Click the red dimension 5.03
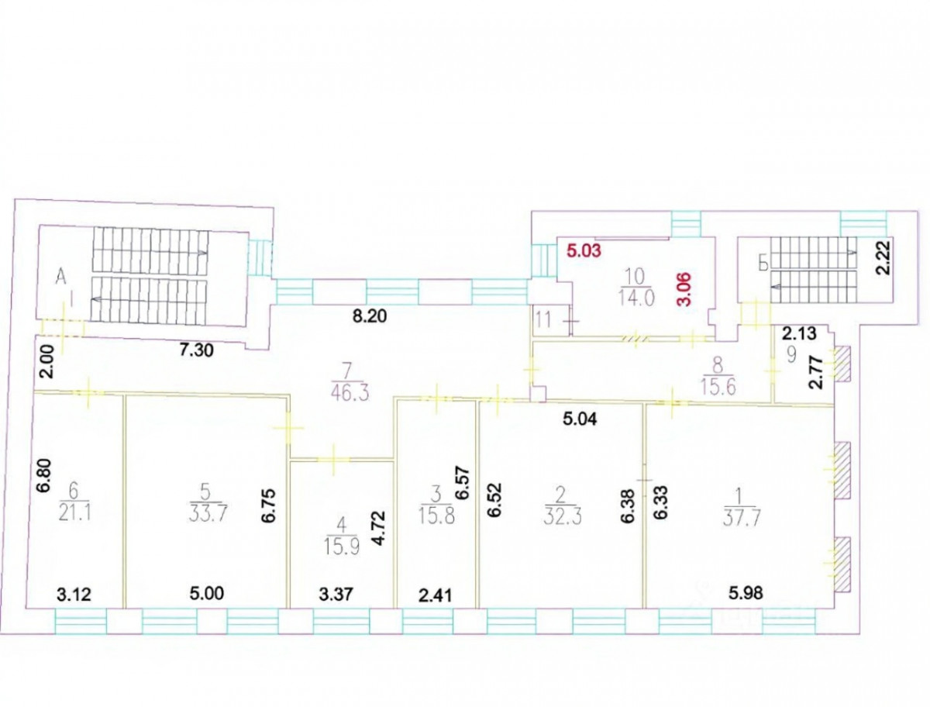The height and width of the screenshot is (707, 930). pos(584,250)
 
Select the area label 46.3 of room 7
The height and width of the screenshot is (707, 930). pos(351,393)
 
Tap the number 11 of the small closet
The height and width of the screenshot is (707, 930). pos(543,320)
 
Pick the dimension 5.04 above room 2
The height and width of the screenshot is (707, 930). pos(580,419)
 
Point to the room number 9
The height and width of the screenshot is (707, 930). pos(790,355)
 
